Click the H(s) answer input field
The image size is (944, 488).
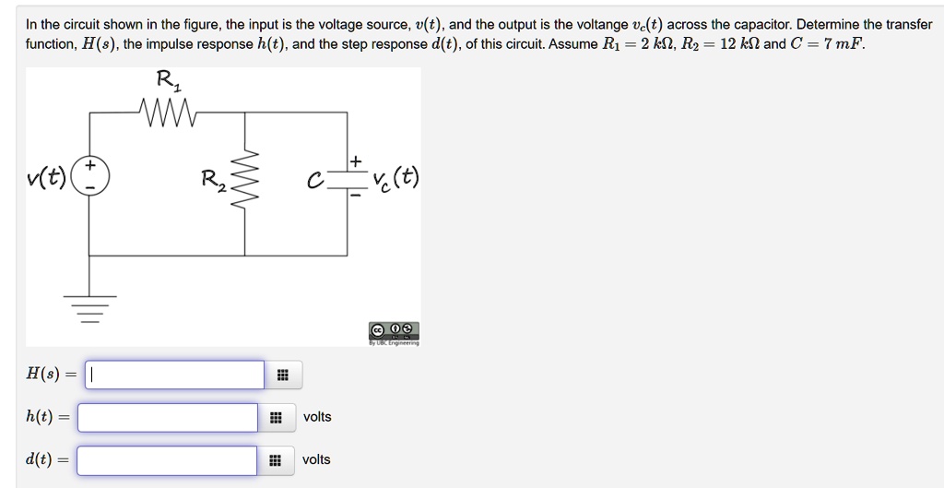coord(175,375)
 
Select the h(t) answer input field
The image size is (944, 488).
coord(167,418)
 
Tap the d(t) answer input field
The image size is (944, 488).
coord(167,460)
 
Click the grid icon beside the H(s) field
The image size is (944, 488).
coord(283,375)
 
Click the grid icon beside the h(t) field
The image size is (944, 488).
coord(276,418)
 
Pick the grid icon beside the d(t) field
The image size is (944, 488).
coord(276,460)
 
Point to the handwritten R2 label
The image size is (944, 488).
coord(215,179)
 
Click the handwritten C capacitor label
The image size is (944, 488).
coord(315,181)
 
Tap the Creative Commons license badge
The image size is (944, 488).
coord(395,330)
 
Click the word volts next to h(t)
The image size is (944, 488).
coord(317,417)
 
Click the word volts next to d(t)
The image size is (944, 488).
coord(316,459)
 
